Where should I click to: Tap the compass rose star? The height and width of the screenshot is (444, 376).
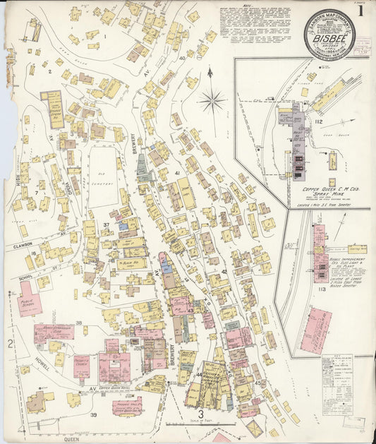click(x=212, y=101)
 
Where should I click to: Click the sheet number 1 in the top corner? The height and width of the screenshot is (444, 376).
click(x=360, y=11)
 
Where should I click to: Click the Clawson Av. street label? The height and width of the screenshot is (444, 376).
click(x=23, y=247)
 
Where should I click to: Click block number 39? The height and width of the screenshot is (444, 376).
click(x=93, y=414)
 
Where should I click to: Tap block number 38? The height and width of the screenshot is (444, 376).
click(x=79, y=323)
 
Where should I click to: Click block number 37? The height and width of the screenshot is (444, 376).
click(x=107, y=225)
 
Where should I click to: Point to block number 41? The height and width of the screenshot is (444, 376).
click(x=178, y=172)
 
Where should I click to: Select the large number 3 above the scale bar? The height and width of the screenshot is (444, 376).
click(x=200, y=414)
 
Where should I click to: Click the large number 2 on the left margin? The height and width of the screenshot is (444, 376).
click(x=11, y=344)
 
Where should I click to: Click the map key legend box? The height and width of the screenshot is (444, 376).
click(x=337, y=385)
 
